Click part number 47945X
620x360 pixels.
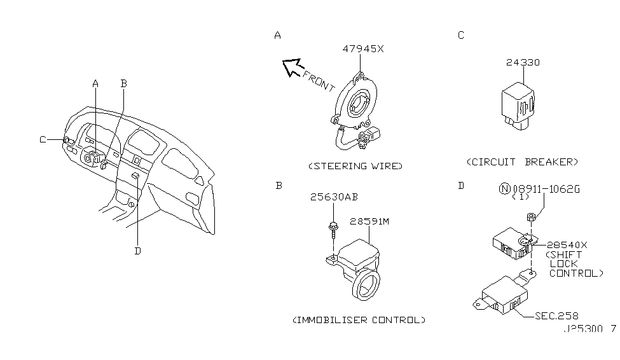[362, 49]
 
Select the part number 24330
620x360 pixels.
[523, 62]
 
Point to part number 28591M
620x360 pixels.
[368, 221]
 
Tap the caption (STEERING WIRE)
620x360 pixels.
[355, 166]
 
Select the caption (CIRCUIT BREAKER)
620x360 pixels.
[523, 162]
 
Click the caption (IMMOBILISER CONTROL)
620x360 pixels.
[359, 319]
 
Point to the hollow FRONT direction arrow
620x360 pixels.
[293, 66]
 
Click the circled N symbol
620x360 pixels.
[503, 189]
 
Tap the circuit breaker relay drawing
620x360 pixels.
[518, 104]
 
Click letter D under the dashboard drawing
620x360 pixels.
[137, 250]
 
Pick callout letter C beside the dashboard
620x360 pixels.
[43, 140]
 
